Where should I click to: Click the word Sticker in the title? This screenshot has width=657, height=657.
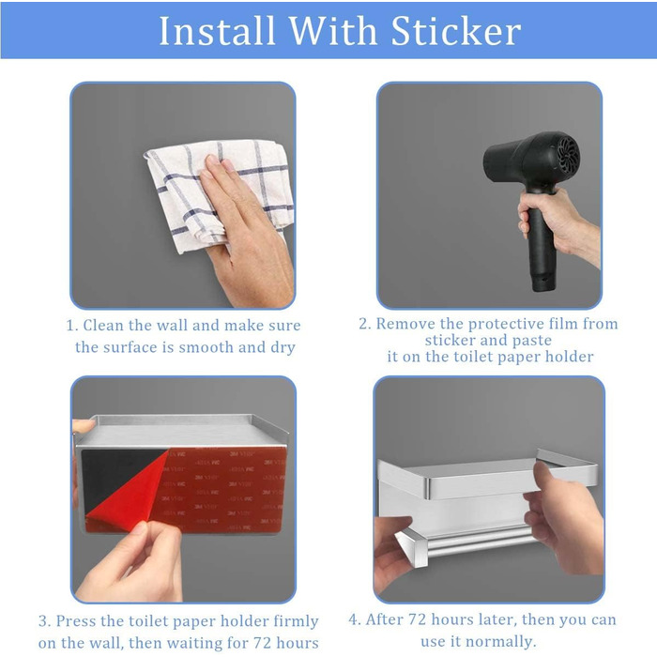[x=456, y=31]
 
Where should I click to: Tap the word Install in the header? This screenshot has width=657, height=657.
[x=217, y=31]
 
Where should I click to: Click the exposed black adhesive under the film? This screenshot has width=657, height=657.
[x=114, y=473]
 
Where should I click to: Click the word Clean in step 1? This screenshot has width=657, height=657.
[x=103, y=325]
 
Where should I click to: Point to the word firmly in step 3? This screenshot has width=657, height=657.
[x=296, y=621]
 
